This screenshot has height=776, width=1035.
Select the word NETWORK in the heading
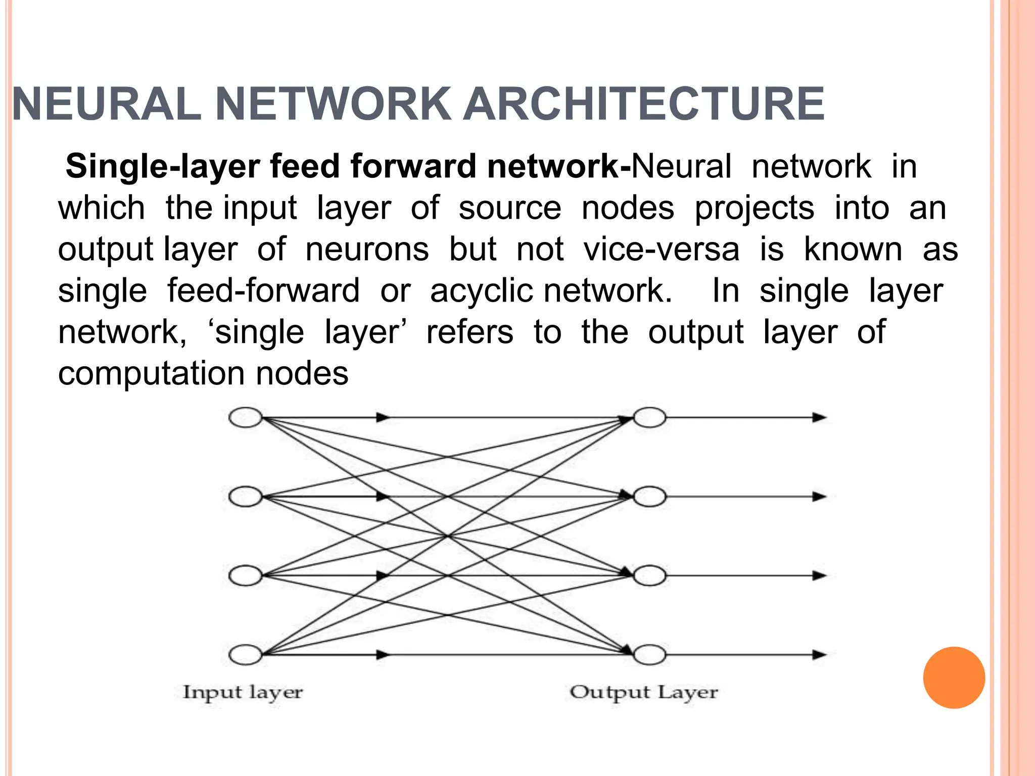click(333, 104)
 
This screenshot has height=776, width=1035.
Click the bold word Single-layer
click(163, 166)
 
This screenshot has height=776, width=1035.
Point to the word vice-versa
click(661, 249)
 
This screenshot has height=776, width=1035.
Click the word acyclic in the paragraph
click(481, 291)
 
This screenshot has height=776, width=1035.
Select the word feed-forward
click(263, 290)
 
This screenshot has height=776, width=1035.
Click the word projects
click(754, 208)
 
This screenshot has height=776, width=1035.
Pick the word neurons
click(367, 249)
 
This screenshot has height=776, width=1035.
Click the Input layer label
click(243, 693)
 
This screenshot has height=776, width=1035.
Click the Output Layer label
click(643, 693)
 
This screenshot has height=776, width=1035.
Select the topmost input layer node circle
click(246, 418)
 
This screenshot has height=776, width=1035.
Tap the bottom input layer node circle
click(246, 655)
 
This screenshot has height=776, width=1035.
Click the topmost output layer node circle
click(650, 418)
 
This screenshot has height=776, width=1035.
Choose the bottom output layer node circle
click(650, 655)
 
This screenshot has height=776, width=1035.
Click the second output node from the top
click(650, 497)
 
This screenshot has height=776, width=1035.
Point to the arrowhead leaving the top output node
click(819, 418)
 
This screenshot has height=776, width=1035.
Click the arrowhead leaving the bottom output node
click(819, 655)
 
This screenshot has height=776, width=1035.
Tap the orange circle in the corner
click(954, 677)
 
